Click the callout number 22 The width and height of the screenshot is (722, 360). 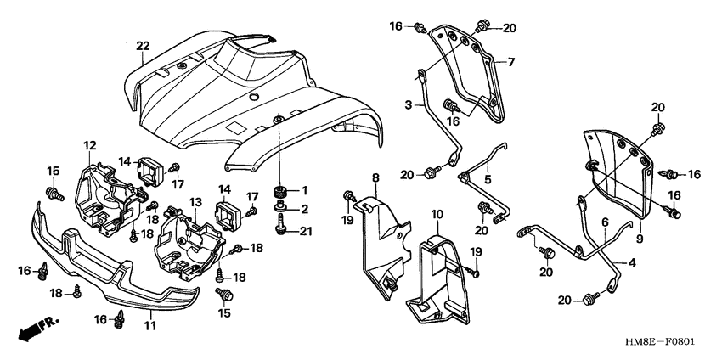[x=143, y=45]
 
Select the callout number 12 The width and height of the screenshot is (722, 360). [x=90, y=146]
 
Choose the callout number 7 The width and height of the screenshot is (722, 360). [x=512, y=61]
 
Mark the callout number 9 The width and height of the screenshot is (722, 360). [x=639, y=227]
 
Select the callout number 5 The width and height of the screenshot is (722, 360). [x=488, y=180]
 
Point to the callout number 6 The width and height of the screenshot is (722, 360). [x=605, y=221]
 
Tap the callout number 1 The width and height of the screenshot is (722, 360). [x=307, y=188]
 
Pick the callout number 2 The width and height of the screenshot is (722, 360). [x=307, y=208]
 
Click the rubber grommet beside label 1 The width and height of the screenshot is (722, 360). [x=280, y=189]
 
